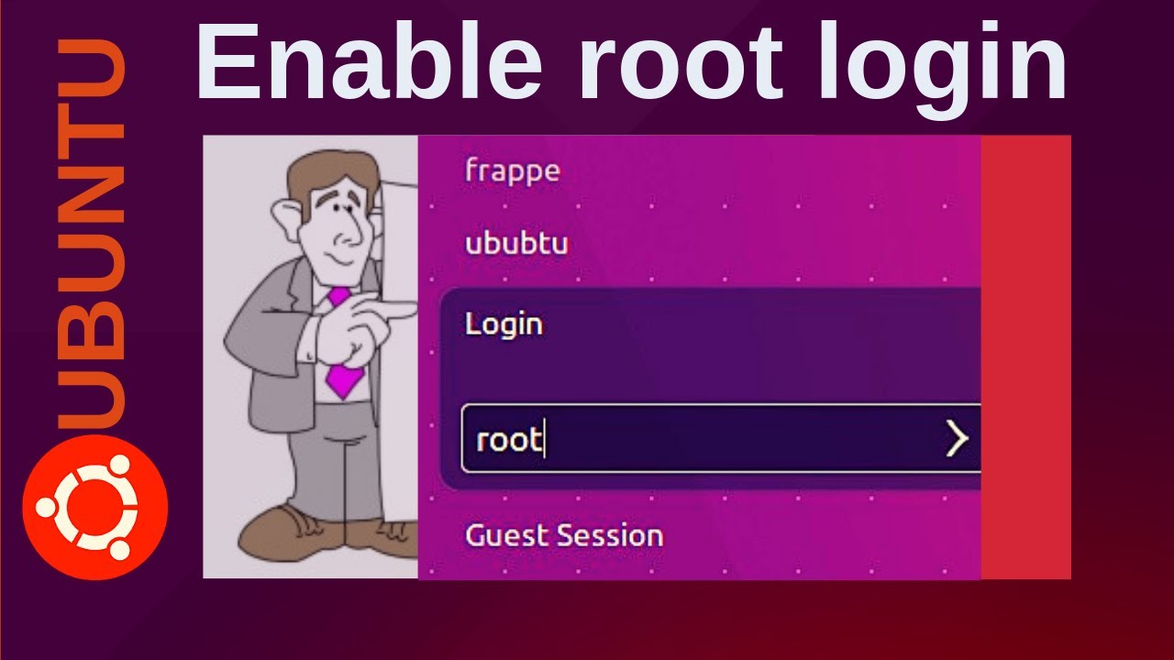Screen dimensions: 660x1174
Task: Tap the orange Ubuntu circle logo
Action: click(94, 506)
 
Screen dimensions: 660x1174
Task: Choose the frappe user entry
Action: click(512, 171)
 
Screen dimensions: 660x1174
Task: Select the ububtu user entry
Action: click(516, 244)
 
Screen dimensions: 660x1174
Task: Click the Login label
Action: click(504, 324)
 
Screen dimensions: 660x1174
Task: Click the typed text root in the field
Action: click(509, 440)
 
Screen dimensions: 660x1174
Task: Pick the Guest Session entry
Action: click(563, 535)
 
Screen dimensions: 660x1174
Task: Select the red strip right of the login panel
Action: click(1025, 357)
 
